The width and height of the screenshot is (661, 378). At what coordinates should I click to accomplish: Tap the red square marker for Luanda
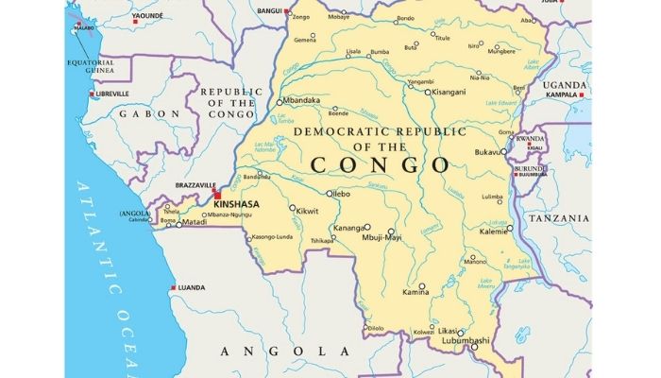click(173, 287)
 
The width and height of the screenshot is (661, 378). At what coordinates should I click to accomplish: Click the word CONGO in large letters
click(380, 164)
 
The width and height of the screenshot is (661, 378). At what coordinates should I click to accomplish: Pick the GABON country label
click(148, 113)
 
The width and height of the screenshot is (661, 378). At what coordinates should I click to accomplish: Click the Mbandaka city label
click(301, 100)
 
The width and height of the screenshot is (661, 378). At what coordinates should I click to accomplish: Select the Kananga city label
click(347, 228)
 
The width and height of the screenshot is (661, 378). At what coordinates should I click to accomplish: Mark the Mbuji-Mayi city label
click(381, 237)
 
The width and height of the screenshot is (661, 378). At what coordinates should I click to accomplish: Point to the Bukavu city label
click(491, 151)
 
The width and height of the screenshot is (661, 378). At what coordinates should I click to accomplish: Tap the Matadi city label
click(195, 223)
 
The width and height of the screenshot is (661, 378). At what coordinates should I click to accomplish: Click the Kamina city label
click(415, 293)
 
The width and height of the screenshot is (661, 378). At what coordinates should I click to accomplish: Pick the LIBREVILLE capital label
click(113, 94)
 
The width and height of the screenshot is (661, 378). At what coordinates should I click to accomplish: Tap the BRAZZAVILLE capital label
click(196, 186)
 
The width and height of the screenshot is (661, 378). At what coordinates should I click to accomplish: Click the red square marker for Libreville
click(92, 94)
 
